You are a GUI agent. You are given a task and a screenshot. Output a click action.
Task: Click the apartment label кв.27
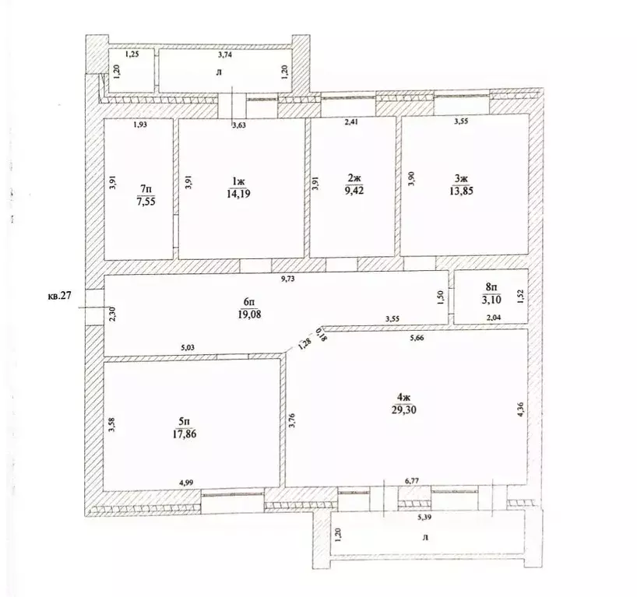click(x=59, y=295)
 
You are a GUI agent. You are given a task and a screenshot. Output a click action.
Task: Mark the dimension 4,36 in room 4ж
click(x=519, y=411)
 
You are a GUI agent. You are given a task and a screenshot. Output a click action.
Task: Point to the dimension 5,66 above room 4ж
click(x=421, y=338)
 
